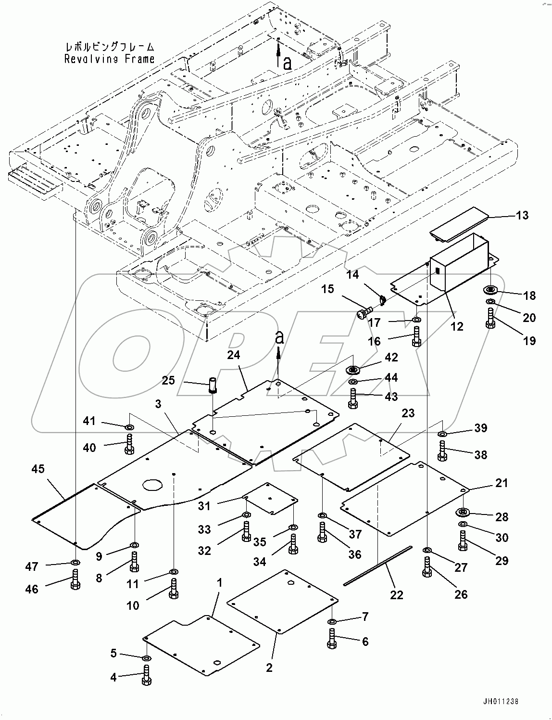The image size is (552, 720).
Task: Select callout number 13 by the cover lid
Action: (x=522, y=215)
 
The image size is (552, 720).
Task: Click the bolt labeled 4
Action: (x=146, y=675)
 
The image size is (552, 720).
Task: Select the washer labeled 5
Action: (x=146, y=658)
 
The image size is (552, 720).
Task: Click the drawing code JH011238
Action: (x=501, y=702)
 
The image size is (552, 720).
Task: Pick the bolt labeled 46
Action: (x=75, y=579)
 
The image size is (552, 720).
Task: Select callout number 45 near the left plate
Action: (x=38, y=468)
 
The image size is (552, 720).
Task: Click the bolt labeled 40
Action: (x=129, y=443)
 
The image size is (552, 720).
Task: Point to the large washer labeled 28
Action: (x=464, y=512)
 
